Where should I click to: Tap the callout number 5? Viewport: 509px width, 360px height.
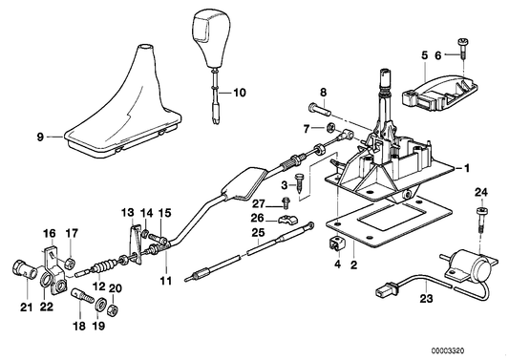click(423, 55)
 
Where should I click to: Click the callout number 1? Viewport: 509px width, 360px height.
click(467, 168)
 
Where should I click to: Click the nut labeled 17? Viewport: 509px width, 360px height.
click(71, 261)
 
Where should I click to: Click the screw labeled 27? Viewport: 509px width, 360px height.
click(286, 202)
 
